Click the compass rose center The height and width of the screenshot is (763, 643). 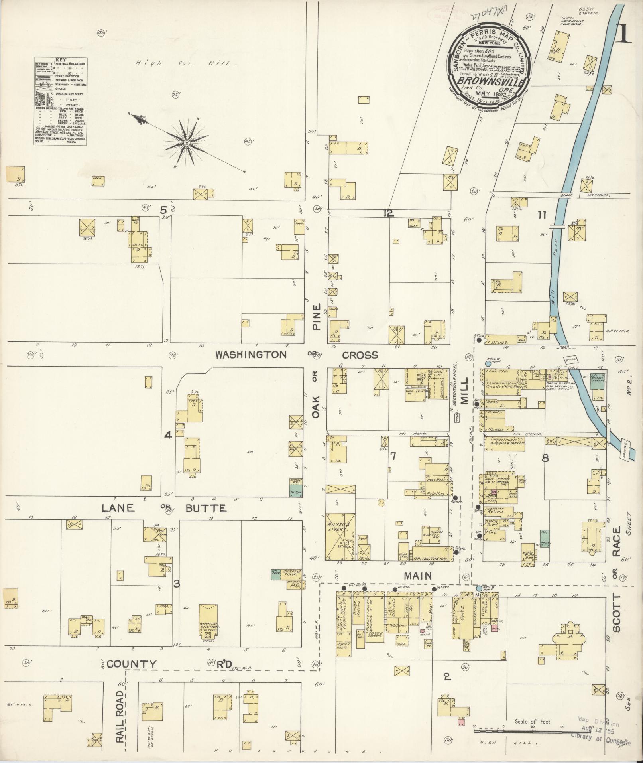[187, 142]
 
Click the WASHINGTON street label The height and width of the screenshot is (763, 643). [251, 355]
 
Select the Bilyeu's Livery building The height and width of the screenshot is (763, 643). [340, 537]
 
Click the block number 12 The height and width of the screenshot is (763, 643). [388, 213]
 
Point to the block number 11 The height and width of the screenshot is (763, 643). [541, 215]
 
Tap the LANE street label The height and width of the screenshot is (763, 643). [118, 508]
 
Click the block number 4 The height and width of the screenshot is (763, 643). [168, 435]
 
